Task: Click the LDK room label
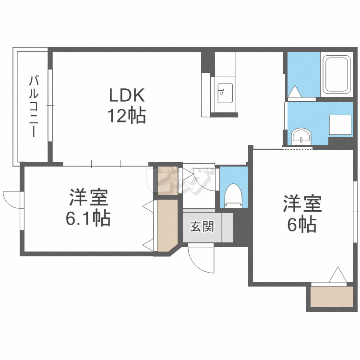point(127,95)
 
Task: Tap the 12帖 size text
point(127,116)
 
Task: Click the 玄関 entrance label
point(202,227)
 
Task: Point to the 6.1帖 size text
point(88,217)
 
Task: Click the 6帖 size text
point(302,224)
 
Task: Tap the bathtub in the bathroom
point(336,74)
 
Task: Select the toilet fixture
point(233,196)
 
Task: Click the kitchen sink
point(225,93)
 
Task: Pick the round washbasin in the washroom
point(301,136)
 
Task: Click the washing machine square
point(340,125)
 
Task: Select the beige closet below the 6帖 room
point(332,297)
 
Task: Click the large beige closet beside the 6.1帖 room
point(168,225)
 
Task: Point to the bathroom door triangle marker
point(295,91)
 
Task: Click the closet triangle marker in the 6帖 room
point(338,275)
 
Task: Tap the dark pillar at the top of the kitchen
point(208,62)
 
